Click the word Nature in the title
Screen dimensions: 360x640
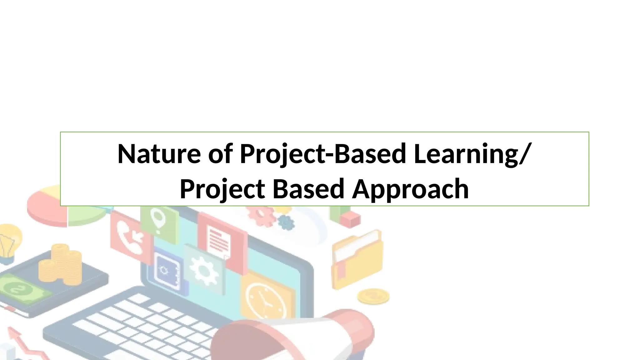click(x=159, y=154)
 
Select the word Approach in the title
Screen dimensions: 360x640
click(x=410, y=189)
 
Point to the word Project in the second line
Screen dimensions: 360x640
click(x=222, y=189)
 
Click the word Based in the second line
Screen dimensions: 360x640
click(x=308, y=189)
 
